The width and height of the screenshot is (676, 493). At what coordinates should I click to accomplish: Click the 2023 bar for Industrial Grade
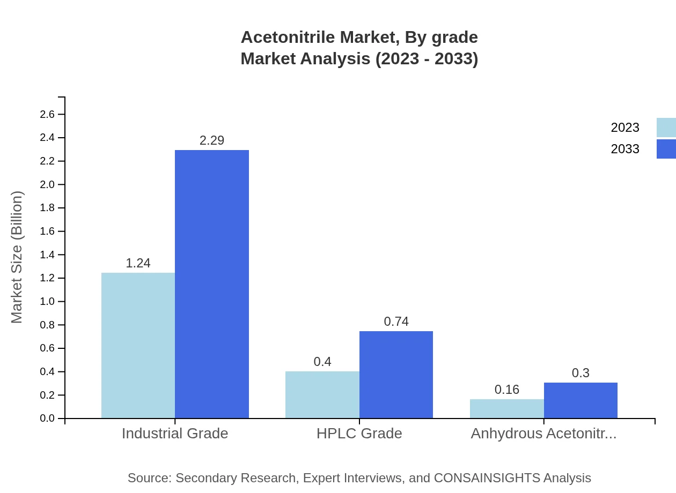(x=138, y=346)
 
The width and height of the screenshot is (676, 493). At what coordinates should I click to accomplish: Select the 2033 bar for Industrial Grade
(x=212, y=284)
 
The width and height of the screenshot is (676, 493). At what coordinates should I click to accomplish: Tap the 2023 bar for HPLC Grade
(x=322, y=395)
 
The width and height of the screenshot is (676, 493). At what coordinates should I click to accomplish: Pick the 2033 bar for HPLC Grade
(x=396, y=375)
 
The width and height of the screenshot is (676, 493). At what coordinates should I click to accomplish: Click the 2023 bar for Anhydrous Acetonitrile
(x=507, y=409)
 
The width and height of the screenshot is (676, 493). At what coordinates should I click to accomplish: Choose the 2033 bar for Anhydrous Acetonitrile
(x=581, y=400)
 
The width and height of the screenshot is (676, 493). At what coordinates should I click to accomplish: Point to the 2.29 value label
(x=212, y=140)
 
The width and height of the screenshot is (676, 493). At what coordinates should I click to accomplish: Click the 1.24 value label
(x=138, y=263)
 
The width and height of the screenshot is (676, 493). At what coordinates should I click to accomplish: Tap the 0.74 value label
(x=396, y=322)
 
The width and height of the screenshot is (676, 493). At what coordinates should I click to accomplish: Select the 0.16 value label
(x=507, y=390)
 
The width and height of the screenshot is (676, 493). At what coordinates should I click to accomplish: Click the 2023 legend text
(x=625, y=128)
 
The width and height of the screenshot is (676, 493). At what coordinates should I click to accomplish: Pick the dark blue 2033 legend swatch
(x=666, y=149)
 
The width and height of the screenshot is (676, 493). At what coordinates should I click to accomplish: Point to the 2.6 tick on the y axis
(x=47, y=114)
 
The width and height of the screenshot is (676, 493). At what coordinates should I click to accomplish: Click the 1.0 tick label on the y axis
(x=47, y=302)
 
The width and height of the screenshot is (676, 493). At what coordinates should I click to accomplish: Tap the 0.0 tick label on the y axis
(x=47, y=419)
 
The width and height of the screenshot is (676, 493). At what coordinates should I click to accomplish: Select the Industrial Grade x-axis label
(x=175, y=434)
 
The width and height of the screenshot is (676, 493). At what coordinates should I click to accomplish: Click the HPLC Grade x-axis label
(x=359, y=434)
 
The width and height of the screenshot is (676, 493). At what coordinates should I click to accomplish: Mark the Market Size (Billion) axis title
(x=17, y=257)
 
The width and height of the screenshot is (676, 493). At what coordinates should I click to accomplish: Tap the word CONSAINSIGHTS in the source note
(x=487, y=478)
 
